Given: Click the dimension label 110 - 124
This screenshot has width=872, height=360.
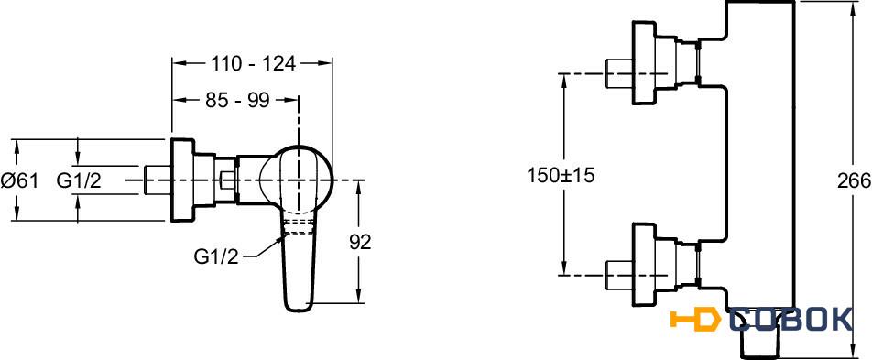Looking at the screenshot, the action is (253, 64).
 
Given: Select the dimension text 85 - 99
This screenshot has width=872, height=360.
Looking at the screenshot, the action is (237, 100).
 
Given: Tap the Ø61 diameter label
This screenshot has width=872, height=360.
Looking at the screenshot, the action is (19, 180).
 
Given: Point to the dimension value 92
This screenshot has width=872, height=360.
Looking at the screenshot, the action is (360, 242).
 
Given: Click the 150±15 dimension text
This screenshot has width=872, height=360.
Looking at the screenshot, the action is (561, 176).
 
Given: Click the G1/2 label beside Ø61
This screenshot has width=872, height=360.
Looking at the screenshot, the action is (79, 180).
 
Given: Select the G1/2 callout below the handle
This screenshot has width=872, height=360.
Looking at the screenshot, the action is (216, 256).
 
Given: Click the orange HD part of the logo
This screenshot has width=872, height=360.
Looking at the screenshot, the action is (695, 320).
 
